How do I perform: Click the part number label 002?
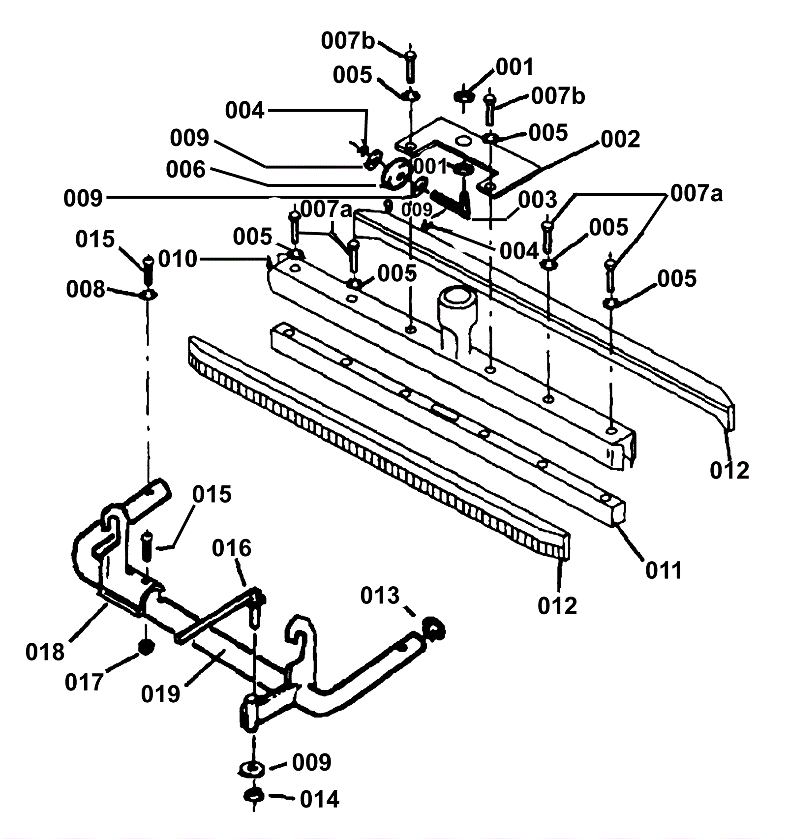point(620,139)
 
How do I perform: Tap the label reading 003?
point(537,200)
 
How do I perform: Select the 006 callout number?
point(185,170)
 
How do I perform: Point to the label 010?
point(178,259)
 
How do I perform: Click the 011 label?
point(664,570)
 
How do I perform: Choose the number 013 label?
point(380,596)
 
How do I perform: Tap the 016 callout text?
point(232,548)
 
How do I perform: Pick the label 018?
point(45,652)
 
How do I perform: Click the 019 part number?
point(160,694)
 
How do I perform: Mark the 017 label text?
point(84,683)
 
